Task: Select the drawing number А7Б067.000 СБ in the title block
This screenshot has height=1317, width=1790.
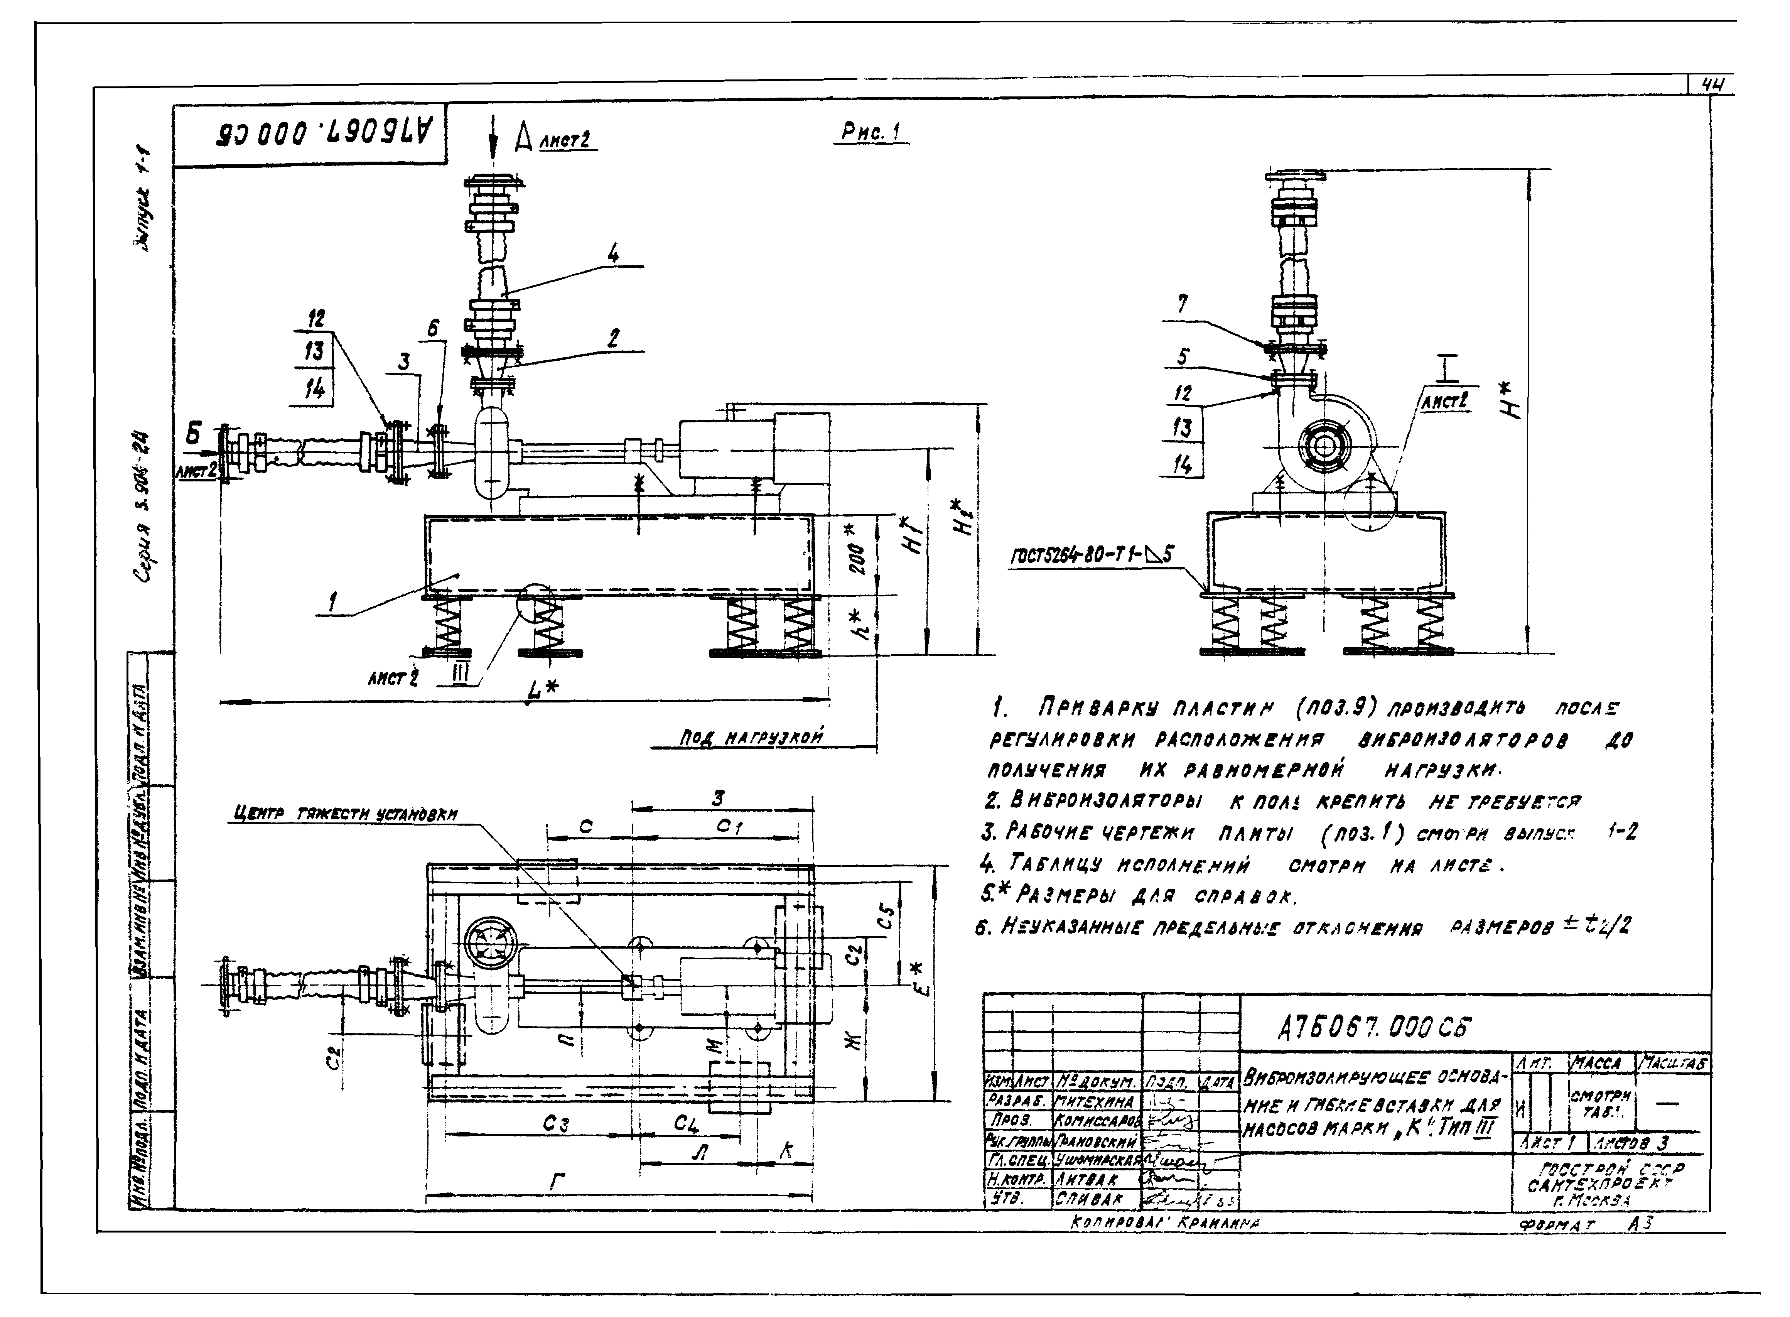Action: pyautogui.click(x=1374, y=1029)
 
